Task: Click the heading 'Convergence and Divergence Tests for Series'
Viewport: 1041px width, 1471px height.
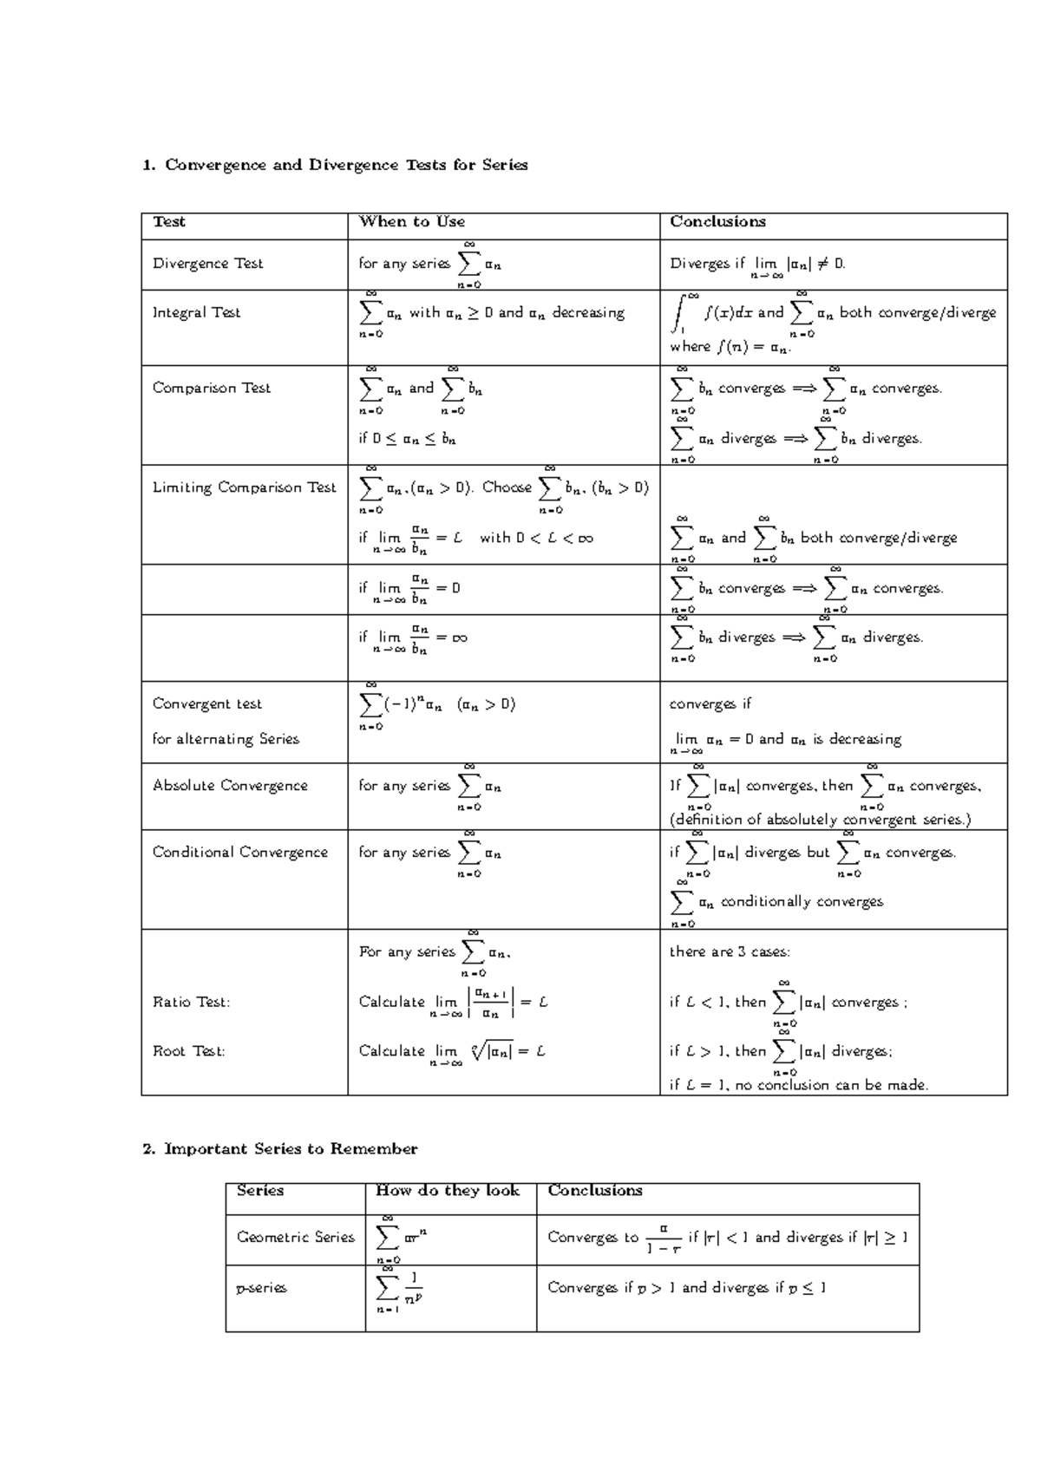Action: pos(345,165)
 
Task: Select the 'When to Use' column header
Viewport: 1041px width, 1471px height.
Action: pos(412,222)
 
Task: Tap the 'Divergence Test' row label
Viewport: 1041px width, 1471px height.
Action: pos(207,264)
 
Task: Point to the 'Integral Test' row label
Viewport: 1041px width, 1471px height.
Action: pos(196,313)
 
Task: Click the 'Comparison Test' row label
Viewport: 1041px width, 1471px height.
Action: pos(212,389)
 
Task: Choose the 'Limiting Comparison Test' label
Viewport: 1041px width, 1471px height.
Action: pos(244,488)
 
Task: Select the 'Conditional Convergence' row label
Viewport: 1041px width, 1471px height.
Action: pos(240,853)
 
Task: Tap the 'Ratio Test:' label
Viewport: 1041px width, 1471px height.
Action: pos(191,1003)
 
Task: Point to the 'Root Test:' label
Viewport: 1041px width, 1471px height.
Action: pos(188,1052)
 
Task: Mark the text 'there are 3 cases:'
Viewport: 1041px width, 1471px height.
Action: pos(730,952)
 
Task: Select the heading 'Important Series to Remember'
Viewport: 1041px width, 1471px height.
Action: pos(291,1149)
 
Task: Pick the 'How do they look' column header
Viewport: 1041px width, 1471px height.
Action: pos(448,1191)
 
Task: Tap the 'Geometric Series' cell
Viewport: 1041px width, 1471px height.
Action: pos(295,1238)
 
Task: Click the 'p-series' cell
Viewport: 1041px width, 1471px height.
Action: pos(261,1288)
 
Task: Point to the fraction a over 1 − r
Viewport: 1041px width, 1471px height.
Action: pos(664,1239)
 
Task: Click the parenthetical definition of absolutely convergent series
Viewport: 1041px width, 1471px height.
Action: pos(820,820)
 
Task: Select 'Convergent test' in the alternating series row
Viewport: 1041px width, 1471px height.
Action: pos(206,704)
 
